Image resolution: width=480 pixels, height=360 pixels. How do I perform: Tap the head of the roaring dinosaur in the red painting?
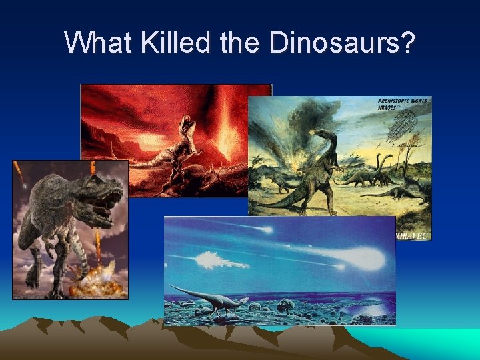tap(188, 123)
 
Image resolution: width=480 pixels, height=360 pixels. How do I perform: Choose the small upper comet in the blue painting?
tap(266, 229)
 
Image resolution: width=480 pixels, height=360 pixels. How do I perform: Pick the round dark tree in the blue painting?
tap(287, 306)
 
